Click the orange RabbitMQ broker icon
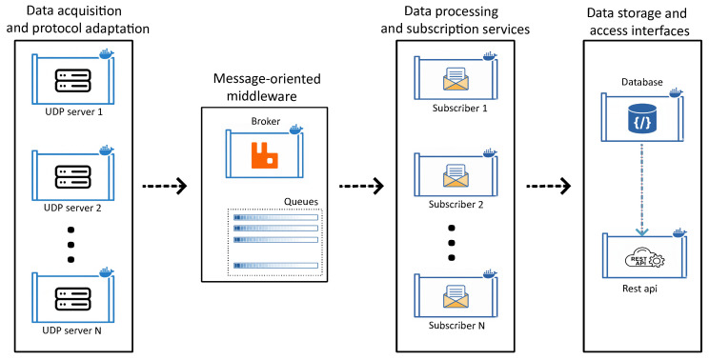(265, 156)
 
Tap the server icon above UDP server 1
(72, 81)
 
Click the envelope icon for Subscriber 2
(456, 176)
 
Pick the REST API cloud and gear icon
(644, 258)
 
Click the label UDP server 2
(72, 209)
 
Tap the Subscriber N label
(456, 325)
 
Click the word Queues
(301, 202)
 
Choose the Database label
(641, 82)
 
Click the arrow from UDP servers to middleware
(165, 186)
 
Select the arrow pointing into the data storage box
(548, 186)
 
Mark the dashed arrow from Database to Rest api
(642, 190)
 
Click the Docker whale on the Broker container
(295, 129)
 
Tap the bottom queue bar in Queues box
(275, 265)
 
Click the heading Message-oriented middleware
(267, 88)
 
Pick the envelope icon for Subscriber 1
(456, 79)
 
